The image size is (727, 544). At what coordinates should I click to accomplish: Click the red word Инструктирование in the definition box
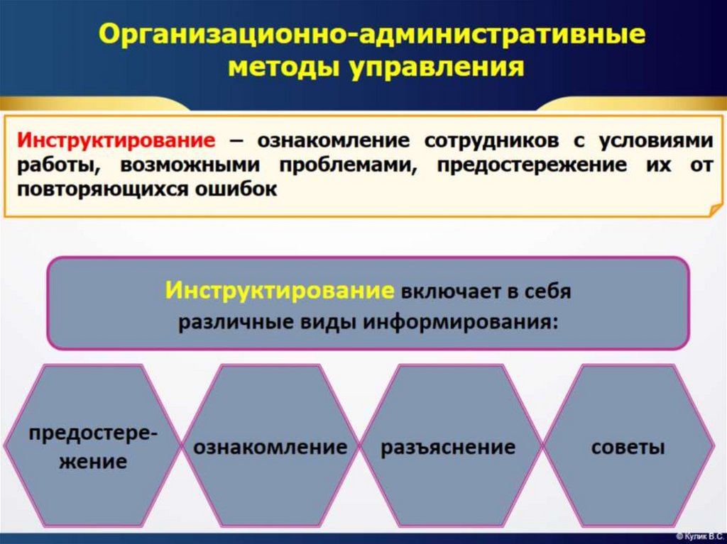pos(116,139)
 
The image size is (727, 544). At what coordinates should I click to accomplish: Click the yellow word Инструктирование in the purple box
pos(280,291)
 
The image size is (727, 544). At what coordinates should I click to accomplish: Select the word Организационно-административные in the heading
pos(371,35)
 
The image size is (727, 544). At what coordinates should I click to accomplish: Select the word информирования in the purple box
pos(458,321)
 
